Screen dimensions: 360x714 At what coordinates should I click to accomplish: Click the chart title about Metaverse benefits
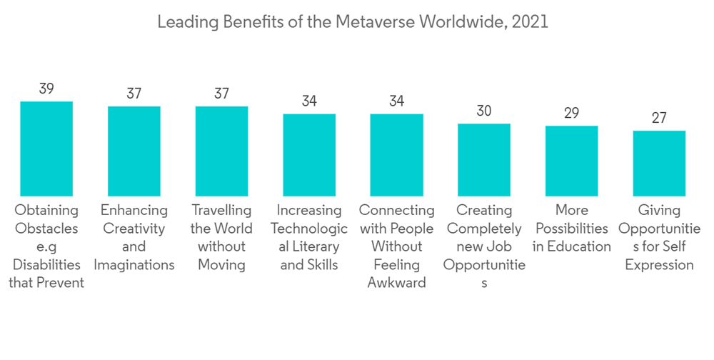[352, 22]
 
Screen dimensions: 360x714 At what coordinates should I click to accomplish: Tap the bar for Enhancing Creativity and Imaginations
[134, 151]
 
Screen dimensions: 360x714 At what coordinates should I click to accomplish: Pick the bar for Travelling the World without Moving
[221, 151]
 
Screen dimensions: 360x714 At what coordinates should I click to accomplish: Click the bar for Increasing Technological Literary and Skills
[309, 154]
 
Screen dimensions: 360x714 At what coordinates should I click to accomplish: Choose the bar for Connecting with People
[396, 154]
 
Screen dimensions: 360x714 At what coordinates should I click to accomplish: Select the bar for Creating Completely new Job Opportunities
[484, 159]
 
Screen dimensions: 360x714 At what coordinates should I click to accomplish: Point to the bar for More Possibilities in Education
[571, 161]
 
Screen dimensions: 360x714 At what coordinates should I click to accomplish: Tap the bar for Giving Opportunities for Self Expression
[659, 163]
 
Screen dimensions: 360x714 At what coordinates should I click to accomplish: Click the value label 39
[46, 89]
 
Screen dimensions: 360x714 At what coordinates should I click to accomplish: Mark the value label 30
[484, 111]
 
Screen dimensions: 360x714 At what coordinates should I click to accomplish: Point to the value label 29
[571, 114]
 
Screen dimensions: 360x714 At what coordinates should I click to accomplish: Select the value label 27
[659, 119]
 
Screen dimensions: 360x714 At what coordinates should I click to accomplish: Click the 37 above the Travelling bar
[221, 94]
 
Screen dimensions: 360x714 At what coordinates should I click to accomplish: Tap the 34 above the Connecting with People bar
[396, 101]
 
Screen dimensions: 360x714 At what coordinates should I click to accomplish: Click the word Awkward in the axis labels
[396, 283]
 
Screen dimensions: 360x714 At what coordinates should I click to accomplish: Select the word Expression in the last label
[659, 265]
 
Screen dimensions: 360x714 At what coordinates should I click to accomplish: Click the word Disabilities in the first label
[46, 265]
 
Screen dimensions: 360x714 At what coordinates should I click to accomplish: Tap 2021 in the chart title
[530, 22]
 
